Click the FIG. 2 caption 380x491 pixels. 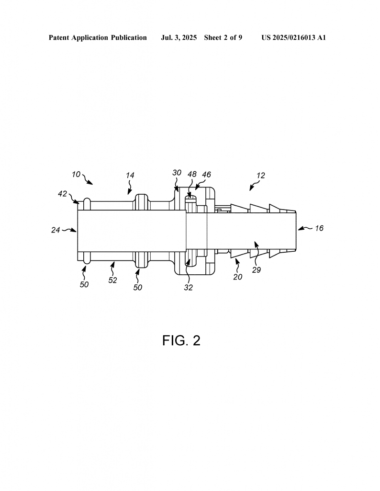pyautogui.click(x=181, y=340)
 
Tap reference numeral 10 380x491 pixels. pyautogui.click(x=76, y=174)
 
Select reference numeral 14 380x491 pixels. pyautogui.click(x=130, y=175)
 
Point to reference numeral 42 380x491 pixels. pyautogui.click(x=63, y=194)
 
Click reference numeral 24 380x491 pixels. pyautogui.click(x=56, y=230)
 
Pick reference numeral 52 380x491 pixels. pyautogui.click(x=112, y=280)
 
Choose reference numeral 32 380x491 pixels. pyautogui.click(x=189, y=288)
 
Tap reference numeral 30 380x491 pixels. pyautogui.click(x=177, y=173)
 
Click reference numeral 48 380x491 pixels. pyautogui.click(x=192, y=174)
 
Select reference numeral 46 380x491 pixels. pyautogui.click(x=206, y=175)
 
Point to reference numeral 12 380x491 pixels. pyautogui.click(x=261, y=175)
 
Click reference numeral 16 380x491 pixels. pyautogui.click(x=319, y=228)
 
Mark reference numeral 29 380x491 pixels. pyautogui.click(x=257, y=270)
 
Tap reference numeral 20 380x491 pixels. pyautogui.click(x=238, y=277)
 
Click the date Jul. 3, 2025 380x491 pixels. pyautogui.click(x=179, y=38)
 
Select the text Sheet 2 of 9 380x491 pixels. pyautogui.click(x=223, y=38)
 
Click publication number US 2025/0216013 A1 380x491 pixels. pyautogui.click(x=294, y=38)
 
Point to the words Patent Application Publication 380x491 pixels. pyautogui.click(x=98, y=38)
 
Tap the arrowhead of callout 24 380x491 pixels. pyautogui.click(x=75, y=231)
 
